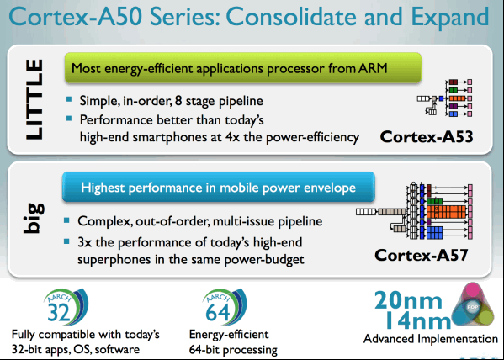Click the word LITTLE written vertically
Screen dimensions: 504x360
[34, 99]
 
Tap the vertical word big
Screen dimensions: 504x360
[34, 218]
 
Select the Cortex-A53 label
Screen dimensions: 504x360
[427, 137]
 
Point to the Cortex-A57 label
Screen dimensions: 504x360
[421, 255]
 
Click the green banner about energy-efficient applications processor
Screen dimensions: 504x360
[243, 68]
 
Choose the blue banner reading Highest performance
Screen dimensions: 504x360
[219, 187]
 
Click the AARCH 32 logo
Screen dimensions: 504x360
[66, 306]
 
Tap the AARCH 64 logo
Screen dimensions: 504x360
[225, 306]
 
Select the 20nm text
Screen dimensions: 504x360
[408, 300]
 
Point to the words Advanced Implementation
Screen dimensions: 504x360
[431, 339]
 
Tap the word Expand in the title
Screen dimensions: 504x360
[450, 18]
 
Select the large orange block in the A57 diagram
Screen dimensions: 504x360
[446, 212]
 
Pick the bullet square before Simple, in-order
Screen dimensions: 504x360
[69, 99]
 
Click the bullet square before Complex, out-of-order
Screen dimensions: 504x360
[66, 220]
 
